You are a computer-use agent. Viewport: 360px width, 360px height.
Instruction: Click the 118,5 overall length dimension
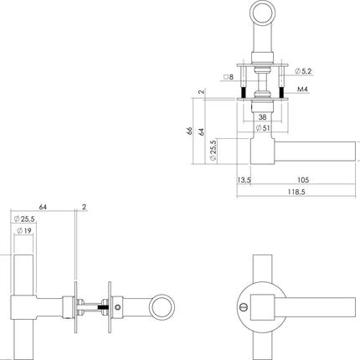coord(292,192)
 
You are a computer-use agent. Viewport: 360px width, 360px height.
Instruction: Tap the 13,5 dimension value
coord(244,179)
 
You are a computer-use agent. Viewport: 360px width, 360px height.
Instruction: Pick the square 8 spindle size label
coord(229,78)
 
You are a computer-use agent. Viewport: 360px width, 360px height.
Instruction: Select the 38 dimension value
coord(262,117)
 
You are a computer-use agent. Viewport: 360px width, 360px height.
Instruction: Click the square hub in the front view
coord(263,306)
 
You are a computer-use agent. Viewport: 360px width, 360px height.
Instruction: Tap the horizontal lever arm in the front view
coord(310,306)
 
